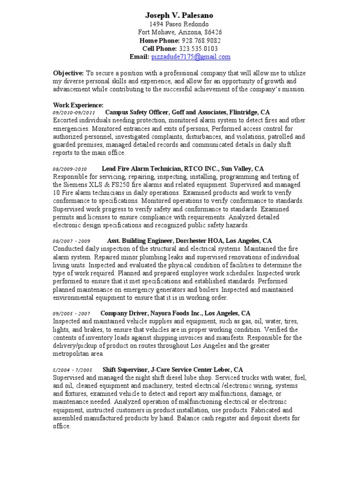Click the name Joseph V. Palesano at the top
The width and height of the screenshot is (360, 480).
point(180,15)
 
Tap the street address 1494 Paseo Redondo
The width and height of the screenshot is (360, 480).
point(180,24)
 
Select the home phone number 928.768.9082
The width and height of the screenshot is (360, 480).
point(202,40)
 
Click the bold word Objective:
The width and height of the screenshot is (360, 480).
point(68,73)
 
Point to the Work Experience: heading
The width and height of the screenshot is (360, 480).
point(78,105)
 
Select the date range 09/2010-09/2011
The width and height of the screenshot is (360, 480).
point(74,113)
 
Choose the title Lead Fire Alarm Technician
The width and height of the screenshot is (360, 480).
point(142,168)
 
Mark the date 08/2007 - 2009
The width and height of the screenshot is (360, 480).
point(71,241)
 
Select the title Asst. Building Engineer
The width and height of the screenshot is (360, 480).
point(143,240)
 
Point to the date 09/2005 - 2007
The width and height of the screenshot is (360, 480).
point(71,313)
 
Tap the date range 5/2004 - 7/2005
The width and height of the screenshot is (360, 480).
point(72,370)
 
